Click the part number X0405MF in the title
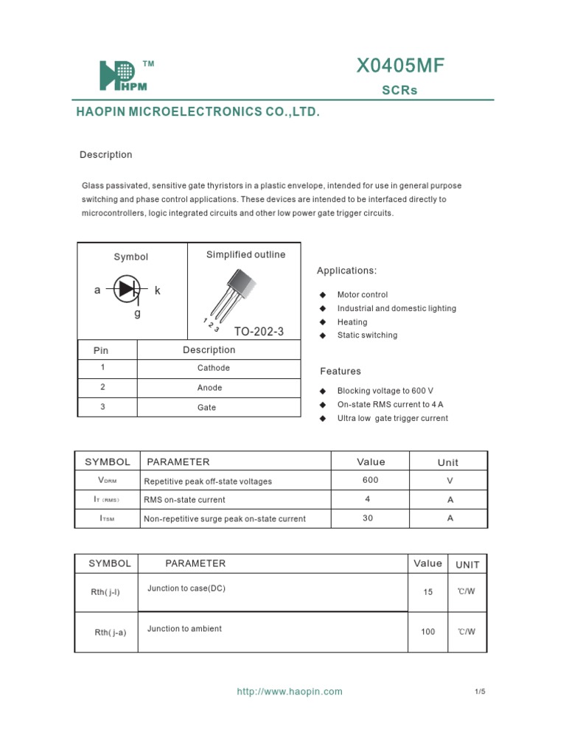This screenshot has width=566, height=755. click(400, 67)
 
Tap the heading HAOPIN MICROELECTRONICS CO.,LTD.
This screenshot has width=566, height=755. click(198, 112)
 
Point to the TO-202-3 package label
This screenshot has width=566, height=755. click(259, 331)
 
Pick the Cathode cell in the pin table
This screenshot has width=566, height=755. click(214, 368)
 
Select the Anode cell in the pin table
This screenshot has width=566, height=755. click(210, 388)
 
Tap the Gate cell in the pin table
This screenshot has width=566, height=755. click(207, 408)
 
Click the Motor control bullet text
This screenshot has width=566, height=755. click(362, 295)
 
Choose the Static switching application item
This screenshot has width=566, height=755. click(367, 335)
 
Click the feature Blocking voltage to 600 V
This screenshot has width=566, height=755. click(385, 392)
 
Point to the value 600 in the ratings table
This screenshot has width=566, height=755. click(370, 480)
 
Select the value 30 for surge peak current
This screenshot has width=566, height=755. click(368, 518)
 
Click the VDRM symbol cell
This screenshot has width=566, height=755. click(108, 481)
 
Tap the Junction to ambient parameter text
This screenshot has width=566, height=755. click(184, 629)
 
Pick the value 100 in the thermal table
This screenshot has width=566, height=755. click(428, 632)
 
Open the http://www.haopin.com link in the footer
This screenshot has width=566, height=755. click(289, 692)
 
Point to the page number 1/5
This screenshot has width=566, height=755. click(480, 692)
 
